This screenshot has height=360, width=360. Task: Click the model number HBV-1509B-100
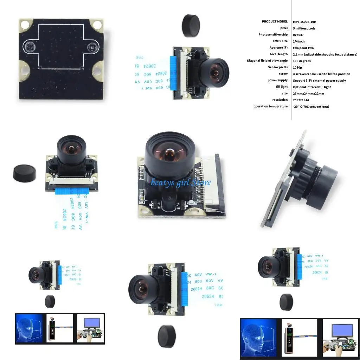(304, 22)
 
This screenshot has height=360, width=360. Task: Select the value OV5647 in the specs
(298, 35)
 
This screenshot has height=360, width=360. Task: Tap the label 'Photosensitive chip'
(273, 35)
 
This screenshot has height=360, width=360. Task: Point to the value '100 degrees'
(302, 61)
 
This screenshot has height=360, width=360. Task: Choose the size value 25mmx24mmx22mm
(308, 94)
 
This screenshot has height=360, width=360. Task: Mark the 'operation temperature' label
(270, 107)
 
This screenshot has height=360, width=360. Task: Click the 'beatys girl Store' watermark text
(181, 182)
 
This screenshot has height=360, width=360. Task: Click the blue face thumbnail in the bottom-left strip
(29, 328)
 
